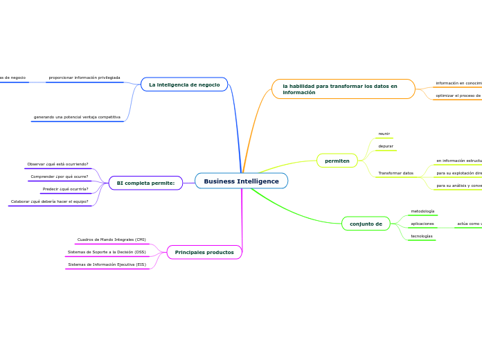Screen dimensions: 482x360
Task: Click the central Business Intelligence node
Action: (x=241, y=181)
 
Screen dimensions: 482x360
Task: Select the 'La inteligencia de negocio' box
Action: (x=184, y=84)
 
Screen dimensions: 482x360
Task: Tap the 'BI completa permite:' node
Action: (x=145, y=183)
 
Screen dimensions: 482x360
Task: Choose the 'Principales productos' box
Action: (x=204, y=252)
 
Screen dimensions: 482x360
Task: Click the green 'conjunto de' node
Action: (x=366, y=224)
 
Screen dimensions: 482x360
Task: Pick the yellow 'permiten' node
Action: (x=337, y=161)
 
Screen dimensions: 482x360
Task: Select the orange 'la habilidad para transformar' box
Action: (x=343, y=89)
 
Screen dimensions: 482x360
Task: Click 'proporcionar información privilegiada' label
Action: (x=84, y=78)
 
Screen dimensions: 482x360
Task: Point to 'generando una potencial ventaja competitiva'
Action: (x=77, y=117)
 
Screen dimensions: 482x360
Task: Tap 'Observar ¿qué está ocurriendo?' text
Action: (x=57, y=164)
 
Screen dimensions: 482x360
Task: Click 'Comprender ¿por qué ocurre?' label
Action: (x=60, y=177)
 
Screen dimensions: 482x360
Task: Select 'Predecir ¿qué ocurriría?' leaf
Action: (x=65, y=189)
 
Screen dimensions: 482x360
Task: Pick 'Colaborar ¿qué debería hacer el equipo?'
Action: (x=49, y=201)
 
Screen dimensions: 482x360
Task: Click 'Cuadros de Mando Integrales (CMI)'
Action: (x=111, y=240)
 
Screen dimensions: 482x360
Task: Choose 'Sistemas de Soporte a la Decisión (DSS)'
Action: (x=107, y=252)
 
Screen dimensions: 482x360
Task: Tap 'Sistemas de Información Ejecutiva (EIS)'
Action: (x=107, y=264)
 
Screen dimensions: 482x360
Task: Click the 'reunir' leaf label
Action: (x=384, y=134)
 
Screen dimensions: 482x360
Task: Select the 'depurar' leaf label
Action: (x=386, y=146)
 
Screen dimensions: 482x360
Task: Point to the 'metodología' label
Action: (x=422, y=211)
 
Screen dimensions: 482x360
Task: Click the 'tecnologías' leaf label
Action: (x=422, y=236)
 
